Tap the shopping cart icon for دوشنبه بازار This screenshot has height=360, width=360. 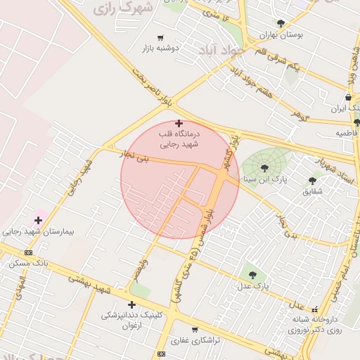pyautogui.click(x=160, y=37)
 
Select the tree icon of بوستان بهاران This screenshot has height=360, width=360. pyautogui.click(x=281, y=23)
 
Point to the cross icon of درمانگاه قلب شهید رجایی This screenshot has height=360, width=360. pyautogui.click(x=179, y=123)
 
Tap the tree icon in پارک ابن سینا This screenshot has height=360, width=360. pyautogui.click(x=264, y=168)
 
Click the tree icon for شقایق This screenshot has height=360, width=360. pyautogui.click(x=312, y=181)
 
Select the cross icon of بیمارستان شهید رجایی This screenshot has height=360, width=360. pyautogui.click(x=38, y=220)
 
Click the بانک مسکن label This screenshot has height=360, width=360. pyautogui.click(x=28, y=263)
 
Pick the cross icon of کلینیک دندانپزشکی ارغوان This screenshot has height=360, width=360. pyautogui.click(x=131, y=304)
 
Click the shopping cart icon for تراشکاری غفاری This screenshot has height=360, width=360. pyautogui.click(x=194, y=329)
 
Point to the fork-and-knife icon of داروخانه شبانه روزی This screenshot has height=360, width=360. pyautogui.click(x=314, y=309)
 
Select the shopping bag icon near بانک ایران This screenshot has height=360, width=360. pyautogui.click(x=349, y=98)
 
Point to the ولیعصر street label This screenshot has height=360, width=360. pyautogui.click(x=143, y=272)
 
